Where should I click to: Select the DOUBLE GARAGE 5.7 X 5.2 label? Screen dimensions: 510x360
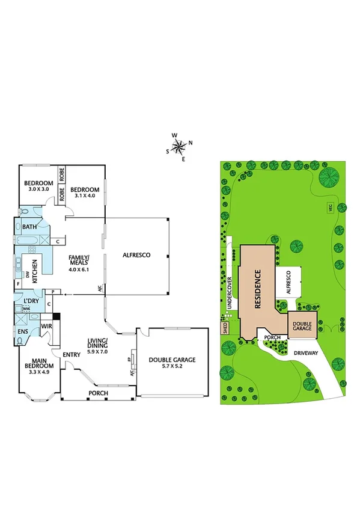coord(172,363)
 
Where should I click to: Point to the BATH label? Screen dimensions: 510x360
coord(29,227)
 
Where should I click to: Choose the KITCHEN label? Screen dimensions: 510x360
coord(35,271)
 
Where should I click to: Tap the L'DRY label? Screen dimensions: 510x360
coord(31,300)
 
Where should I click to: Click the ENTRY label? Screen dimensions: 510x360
coord(72,354)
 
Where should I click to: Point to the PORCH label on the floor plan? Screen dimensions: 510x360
coord(98,393)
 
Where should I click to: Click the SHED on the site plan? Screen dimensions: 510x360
coord(225,328)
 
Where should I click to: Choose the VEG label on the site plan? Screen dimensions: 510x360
coord(329,207)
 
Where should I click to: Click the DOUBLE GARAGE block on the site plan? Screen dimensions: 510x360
coord(302,325)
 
